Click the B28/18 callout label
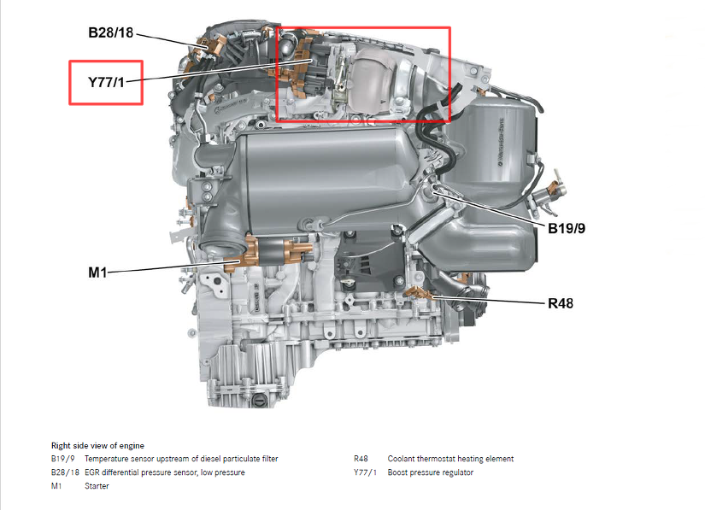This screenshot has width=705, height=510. pyautogui.click(x=110, y=32)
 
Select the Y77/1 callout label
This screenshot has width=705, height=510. pyautogui.click(x=106, y=82)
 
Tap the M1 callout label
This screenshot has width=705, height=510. pyautogui.click(x=97, y=273)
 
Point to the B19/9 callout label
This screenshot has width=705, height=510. pyautogui.click(x=567, y=228)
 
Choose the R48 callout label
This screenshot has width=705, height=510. pyautogui.click(x=561, y=303)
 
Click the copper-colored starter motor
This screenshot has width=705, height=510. pyautogui.click(x=268, y=254)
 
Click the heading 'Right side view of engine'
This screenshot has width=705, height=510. pyautogui.click(x=97, y=446)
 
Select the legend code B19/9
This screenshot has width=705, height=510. pyautogui.click(x=63, y=459)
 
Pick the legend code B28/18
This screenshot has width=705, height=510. pyautogui.click(x=65, y=472)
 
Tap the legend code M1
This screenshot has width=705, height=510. pyautogui.click(x=56, y=486)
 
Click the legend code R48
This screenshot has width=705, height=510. pyautogui.click(x=361, y=459)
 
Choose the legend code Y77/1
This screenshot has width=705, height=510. pyautogui.click(x=365, y=472)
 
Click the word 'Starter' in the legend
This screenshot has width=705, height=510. pyautogui.click(x=97, y=486)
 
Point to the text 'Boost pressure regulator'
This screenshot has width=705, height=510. pyautogui.click(x=431, y=472)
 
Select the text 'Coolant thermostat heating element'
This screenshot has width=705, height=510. pyautogui.click(x=450, y=459)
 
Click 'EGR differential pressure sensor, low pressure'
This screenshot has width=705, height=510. pyautogui.click(x=165, y=472)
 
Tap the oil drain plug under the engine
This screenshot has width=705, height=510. pyautogui.click(x=258, y=400)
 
